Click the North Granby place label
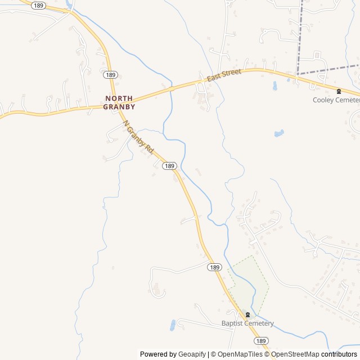[x=120, y=102]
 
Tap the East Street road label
[x=224, y=75]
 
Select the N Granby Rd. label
[x=138, y=138]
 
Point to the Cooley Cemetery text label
[x=336, y=100]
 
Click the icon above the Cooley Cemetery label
[x=339, y=91]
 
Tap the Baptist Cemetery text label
[x=247, y=323]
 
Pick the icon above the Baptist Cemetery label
[x=247, y=314]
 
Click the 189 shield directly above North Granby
[x=110, y=75]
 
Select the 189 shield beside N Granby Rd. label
[x=169, y=166]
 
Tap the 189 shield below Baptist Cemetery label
[x=260, y=341]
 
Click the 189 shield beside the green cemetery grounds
[x=214, y=267]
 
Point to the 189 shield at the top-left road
[x=38, y=5]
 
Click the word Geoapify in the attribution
[x=192, y=354]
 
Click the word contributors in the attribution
[x=339, y=354]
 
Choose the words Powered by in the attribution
[x=158, y=354]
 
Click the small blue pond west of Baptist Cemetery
[x=172, y=325]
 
